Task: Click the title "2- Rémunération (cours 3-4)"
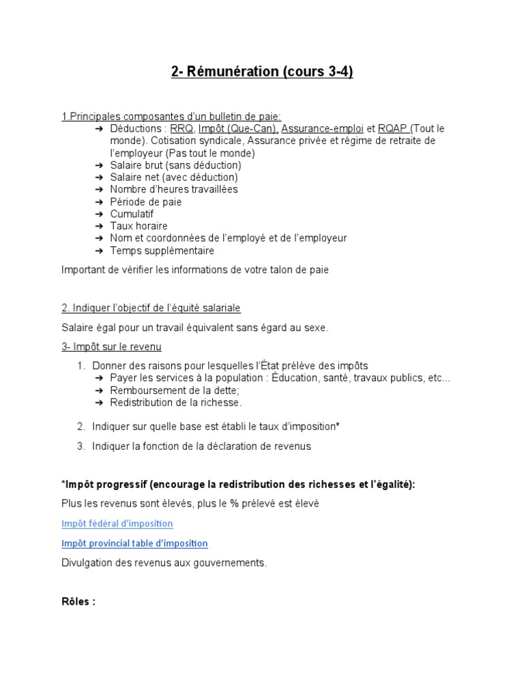tap(262, 72)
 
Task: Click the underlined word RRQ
tap(181, 128)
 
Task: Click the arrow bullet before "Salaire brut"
tap(98, 165)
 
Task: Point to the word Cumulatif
tap(132, 214)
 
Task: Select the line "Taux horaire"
tap(139, 226)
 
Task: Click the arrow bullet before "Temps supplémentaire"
tap(98, 251)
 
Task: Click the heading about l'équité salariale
tap(151, 308)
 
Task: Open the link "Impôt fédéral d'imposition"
tap(117, 524)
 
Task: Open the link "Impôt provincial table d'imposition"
tap(134, 543)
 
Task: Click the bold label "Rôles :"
tap(78, 602)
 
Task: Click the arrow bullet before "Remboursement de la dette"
tap(98, 390)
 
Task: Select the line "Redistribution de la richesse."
tap(176, 403)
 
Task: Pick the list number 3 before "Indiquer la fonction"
tap(81, 446)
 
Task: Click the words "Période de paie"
tap(146, 202)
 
